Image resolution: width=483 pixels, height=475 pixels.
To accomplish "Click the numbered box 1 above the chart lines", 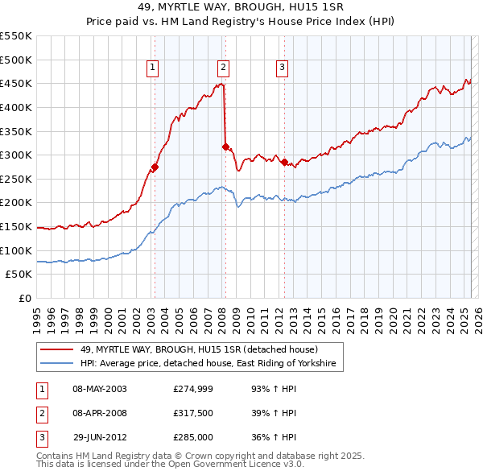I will [x=152, y=68].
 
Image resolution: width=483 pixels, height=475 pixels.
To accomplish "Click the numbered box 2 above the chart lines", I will [x=223, y=68].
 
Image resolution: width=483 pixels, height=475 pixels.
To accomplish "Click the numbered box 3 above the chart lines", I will [x=283, y=68].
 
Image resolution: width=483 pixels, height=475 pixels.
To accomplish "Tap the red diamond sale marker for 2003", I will [x=155, y=167].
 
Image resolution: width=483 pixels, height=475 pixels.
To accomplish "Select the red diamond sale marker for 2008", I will [x=225, y=147].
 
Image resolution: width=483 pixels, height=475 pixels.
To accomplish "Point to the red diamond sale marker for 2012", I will [x=284, y=162].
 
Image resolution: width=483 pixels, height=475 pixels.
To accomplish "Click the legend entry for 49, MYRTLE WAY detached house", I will [x=199, y=349].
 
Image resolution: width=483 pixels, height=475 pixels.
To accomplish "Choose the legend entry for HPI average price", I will [x=211, y=364].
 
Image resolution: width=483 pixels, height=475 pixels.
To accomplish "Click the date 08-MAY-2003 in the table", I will [x=100, y=390].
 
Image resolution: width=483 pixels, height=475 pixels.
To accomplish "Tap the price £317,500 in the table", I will [x=192, y=414].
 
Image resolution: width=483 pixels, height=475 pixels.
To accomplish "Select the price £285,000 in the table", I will [x=192, y=438].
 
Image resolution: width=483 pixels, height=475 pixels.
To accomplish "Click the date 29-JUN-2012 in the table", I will [x=100, y=438].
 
